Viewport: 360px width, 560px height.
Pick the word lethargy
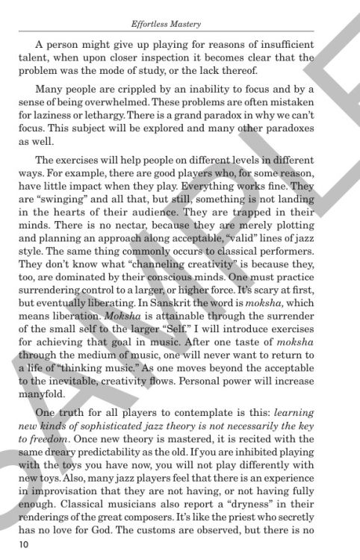pyautogui.click(x=123, y=115)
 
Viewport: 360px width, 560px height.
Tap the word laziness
pyautogui.click(x=75, y=115)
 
